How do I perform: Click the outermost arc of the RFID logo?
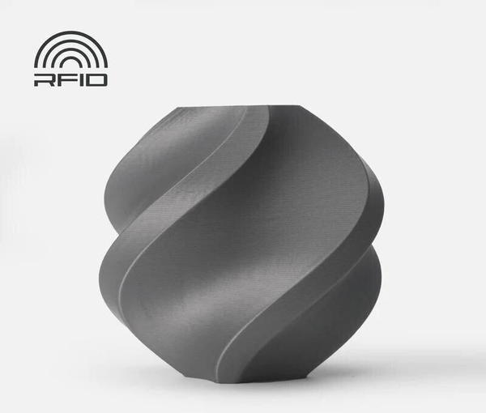(x=70, y=32)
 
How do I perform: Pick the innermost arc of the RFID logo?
(x=70, y=57)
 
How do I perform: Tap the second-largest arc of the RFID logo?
(x=70, y=40)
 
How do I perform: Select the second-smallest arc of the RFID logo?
(x=70, y=49)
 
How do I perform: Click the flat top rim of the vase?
(x=239, y=107)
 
